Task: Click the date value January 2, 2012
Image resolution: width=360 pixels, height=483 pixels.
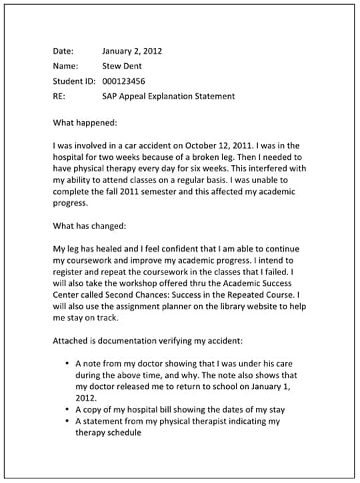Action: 132,51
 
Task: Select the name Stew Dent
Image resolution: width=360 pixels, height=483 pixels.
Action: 122,66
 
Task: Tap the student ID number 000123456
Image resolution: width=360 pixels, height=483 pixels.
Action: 124,81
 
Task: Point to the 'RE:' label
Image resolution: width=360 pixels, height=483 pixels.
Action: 59,96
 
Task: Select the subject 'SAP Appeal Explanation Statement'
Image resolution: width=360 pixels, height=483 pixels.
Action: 168,96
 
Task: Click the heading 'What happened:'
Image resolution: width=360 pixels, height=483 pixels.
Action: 85,123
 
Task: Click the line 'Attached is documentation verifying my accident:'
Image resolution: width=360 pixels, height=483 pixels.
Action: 148,340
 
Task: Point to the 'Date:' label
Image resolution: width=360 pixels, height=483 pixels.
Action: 63,51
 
